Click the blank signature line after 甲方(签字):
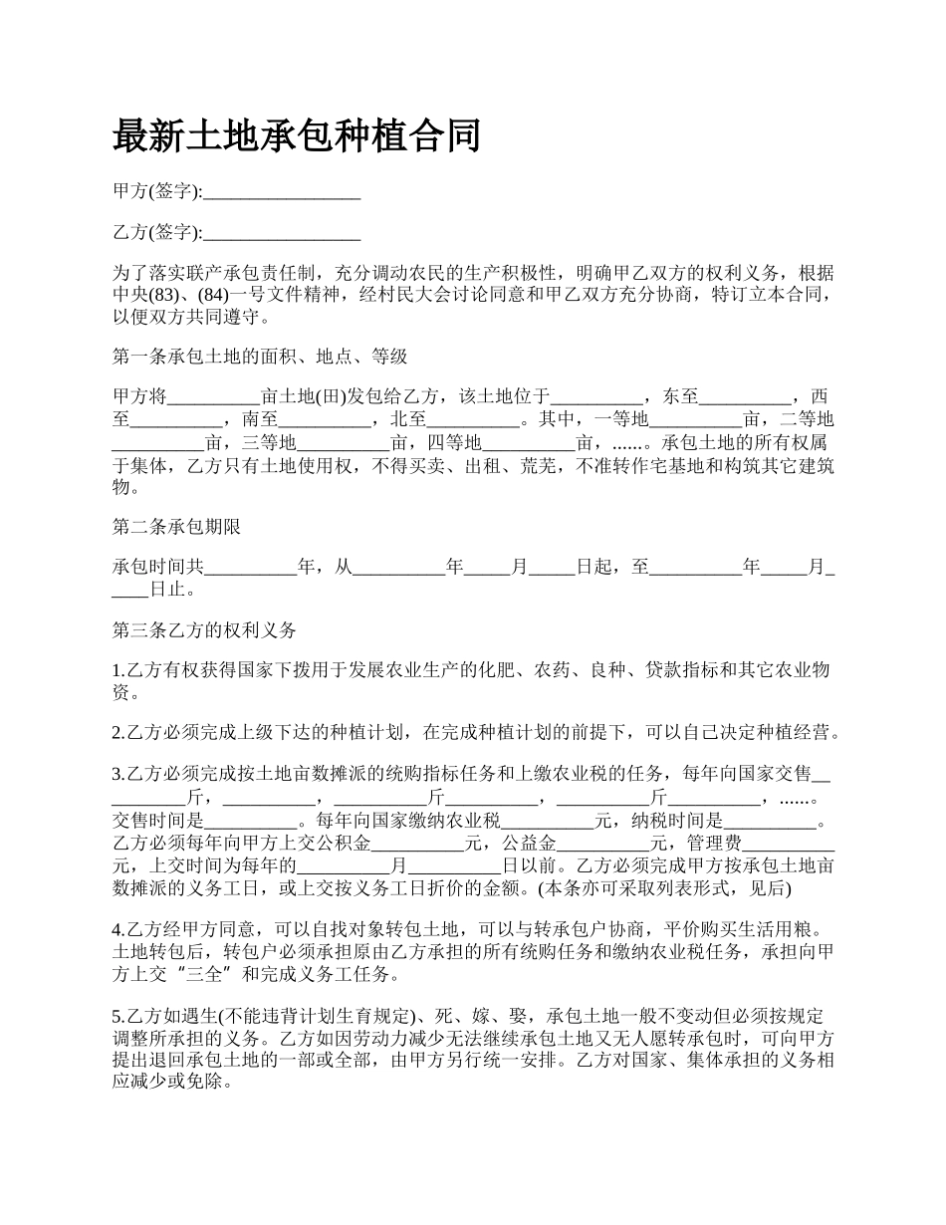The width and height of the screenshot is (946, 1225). coord(281,193)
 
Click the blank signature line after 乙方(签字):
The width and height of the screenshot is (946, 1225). coord(281,234)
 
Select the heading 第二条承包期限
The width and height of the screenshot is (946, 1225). coord(176,527)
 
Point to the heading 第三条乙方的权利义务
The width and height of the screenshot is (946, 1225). coord(204,630)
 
